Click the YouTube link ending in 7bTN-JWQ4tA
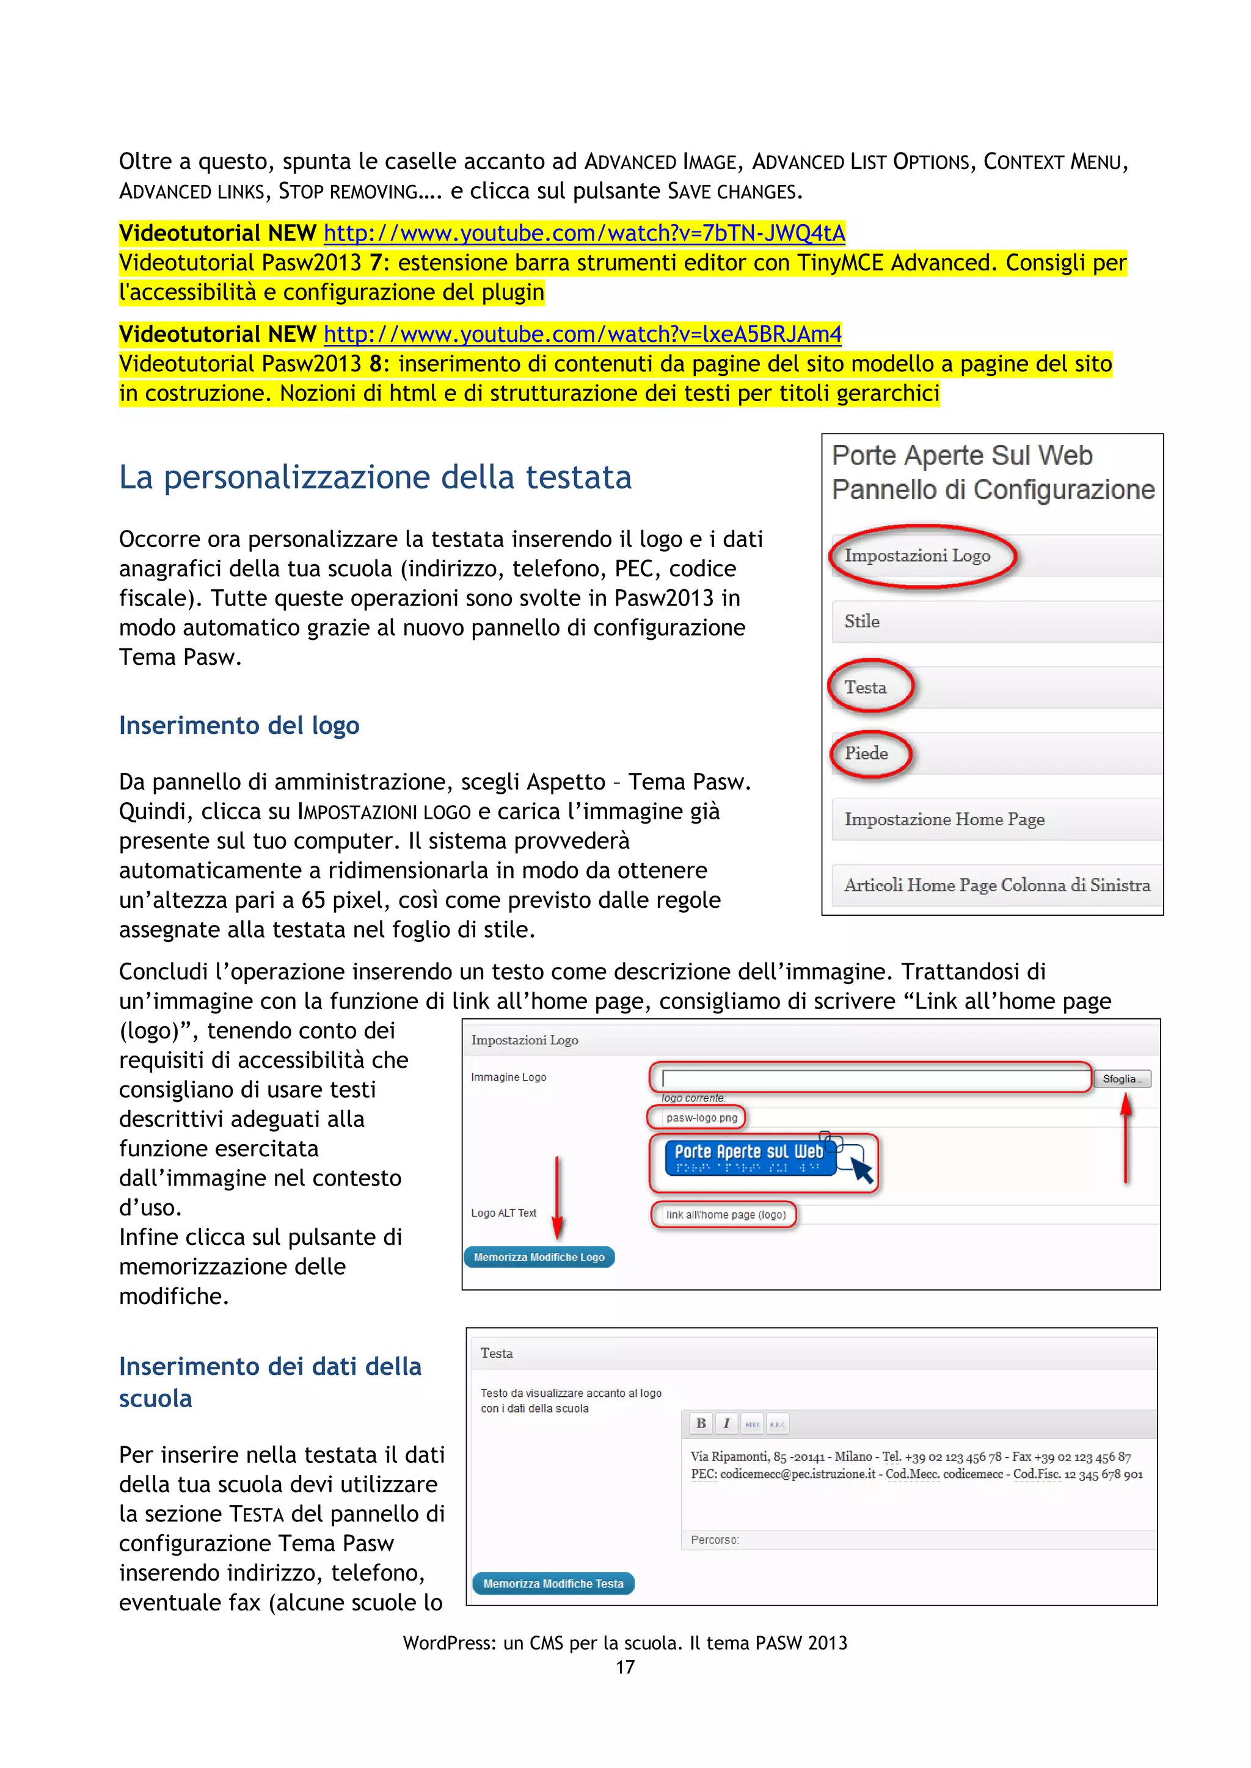584,233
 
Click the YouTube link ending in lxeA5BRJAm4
582,333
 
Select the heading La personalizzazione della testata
375,477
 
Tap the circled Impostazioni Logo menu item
917,556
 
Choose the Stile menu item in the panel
862,621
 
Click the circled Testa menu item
866,687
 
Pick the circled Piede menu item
867,753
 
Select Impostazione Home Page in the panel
944,819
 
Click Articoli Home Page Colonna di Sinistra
997,886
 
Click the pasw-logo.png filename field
701,1117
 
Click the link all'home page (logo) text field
726,1214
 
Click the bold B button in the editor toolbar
701,1423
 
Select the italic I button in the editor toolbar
726,1423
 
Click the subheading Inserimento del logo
239,725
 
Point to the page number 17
625,1667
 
